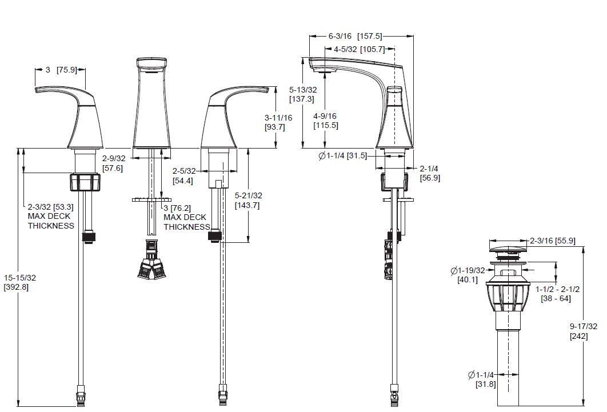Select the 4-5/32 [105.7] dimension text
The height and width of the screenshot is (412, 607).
(360, 49)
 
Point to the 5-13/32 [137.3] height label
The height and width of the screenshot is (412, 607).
(303, 94)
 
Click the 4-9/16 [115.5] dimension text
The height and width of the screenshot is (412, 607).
(326, 121)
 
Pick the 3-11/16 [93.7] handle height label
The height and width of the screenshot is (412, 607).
(278, 122)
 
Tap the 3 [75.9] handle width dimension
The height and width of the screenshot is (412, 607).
(61, 70)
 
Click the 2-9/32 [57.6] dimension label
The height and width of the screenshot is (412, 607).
(114, 163)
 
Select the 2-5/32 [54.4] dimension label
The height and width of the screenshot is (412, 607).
(184, 175)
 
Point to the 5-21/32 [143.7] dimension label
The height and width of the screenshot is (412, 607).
(248, 201)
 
